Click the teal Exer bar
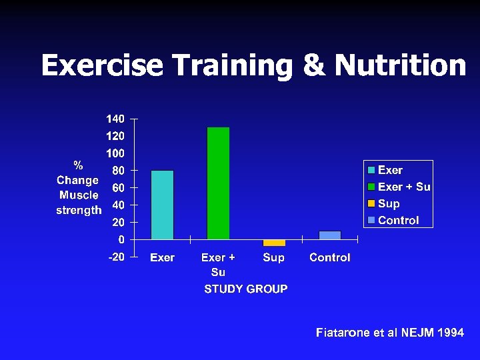(162, 205)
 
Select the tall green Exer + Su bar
(218, 183)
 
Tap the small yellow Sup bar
(273, 243)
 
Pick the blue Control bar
(329, 235)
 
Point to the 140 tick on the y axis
(115, 119)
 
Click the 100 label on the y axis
(115, 153)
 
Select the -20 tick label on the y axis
(116, 257)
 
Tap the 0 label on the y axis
(121, 239)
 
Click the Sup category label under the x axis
(273, 257)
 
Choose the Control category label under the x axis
(329, 257)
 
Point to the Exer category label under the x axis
(162, 257)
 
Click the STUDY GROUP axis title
(246, 289)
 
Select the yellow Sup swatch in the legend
(371, 204)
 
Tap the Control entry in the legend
(398, 220)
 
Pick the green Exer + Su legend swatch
(371, 187)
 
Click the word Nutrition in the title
(400, 65)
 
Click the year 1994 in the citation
(451, 332)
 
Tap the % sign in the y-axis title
(79, 165)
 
